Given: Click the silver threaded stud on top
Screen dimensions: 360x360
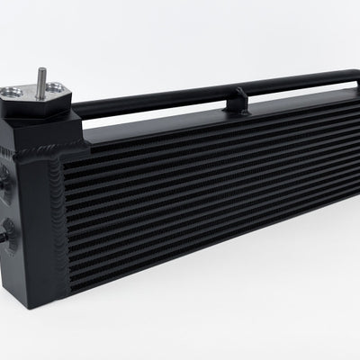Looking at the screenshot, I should [x=41, y=78].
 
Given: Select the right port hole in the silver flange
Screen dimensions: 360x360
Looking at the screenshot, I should [x=57, y=88].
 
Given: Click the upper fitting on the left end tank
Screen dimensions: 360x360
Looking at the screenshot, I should [x=5, y=175].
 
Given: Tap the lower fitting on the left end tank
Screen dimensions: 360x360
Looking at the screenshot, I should [x=5, y=237].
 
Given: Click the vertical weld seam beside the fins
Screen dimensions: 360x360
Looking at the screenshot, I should [x=62, y=216].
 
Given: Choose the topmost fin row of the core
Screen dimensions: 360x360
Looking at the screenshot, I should [x=207, y=123].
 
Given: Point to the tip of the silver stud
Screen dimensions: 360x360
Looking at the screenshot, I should [x=41, y=69].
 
